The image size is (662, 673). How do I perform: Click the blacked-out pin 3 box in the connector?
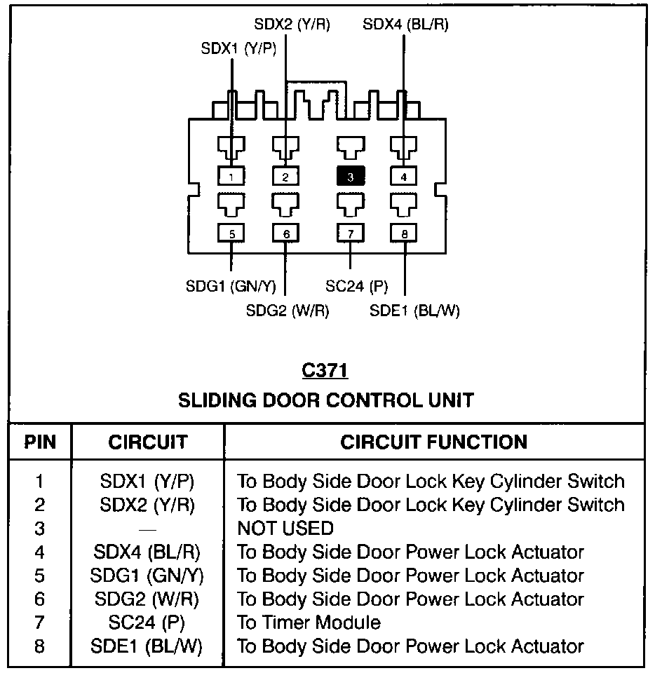click(351, 176)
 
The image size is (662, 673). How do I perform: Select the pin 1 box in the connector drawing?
click(232, 176)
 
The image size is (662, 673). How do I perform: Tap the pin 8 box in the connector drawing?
click(405, 234)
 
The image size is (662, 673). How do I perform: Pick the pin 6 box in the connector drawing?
click(286, 234)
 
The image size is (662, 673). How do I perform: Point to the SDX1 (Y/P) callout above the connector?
click(238, 49)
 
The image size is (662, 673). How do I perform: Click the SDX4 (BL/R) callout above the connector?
click(405, 25)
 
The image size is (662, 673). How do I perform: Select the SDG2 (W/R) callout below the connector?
click(288, 310)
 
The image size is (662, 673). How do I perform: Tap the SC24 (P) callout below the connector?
click(357, 286)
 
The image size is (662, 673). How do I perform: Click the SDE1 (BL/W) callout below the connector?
click(414, 311)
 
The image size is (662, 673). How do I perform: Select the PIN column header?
click(40, 442)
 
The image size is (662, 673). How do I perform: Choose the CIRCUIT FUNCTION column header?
click(434, 442)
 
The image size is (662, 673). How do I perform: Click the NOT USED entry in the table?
click(285, 528)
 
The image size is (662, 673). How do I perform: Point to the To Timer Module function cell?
click(309, 623)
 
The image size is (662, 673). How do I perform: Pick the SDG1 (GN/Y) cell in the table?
click(147, 576)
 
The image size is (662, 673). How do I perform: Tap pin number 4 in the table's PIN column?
click(39, 552)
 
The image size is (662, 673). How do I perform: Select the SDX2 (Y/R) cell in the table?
click(147, 504)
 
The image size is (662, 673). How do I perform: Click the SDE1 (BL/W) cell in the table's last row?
click(147, 646)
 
